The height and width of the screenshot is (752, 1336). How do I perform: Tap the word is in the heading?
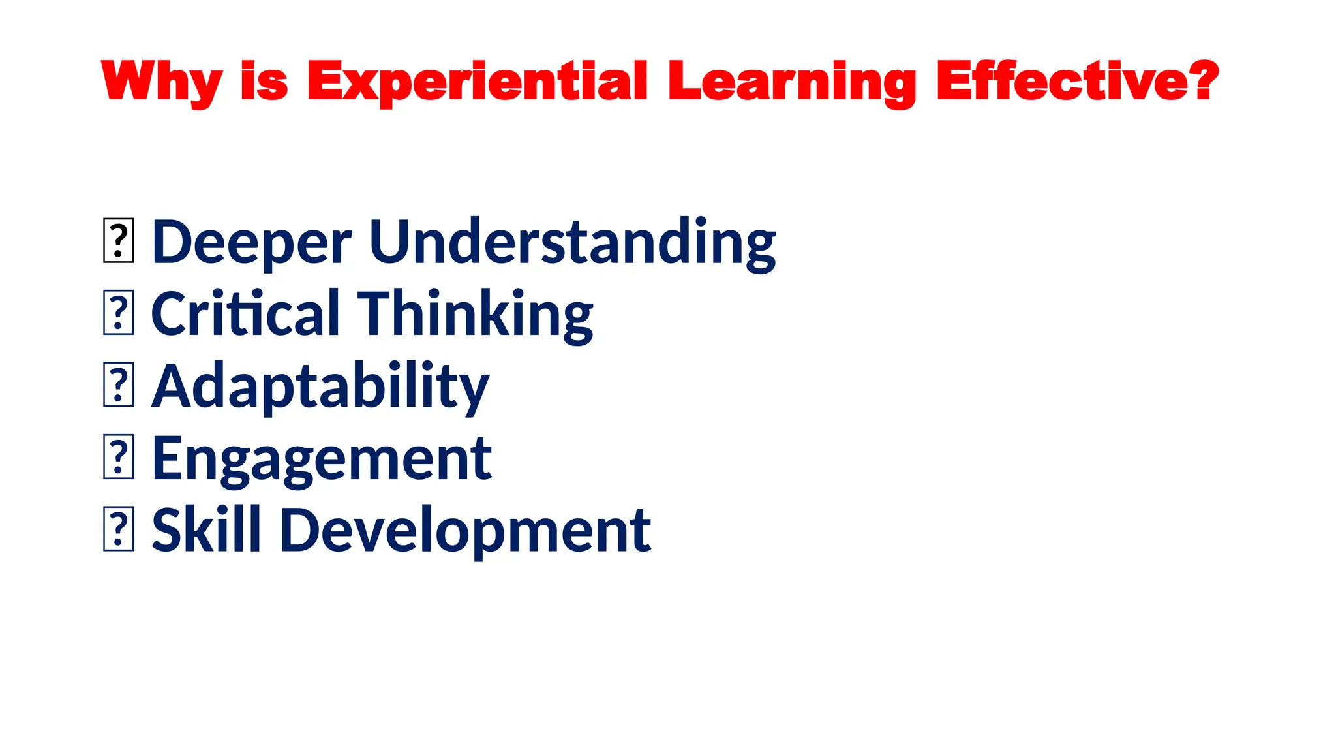click(264, 81)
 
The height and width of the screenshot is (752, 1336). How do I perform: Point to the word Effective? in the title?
click(1076, 81)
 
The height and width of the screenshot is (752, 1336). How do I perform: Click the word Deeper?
click(252, 242)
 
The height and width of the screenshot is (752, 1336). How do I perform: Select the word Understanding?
click(573, 242)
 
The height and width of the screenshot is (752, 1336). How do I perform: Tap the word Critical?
click(246, 314)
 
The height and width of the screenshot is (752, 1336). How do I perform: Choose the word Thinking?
click(476, 314)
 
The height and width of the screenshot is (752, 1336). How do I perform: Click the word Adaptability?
click(320, 386)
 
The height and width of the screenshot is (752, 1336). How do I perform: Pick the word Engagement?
click(322, 459)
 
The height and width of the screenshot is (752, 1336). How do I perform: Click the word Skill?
click(206, 530)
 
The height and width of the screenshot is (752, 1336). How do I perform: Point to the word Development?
click(466, 530)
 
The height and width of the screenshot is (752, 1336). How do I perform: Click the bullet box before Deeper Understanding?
click(119, 242)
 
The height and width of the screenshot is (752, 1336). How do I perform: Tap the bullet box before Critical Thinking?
click(119, 313)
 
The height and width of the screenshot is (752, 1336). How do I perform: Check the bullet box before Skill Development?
click(119, 529)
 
